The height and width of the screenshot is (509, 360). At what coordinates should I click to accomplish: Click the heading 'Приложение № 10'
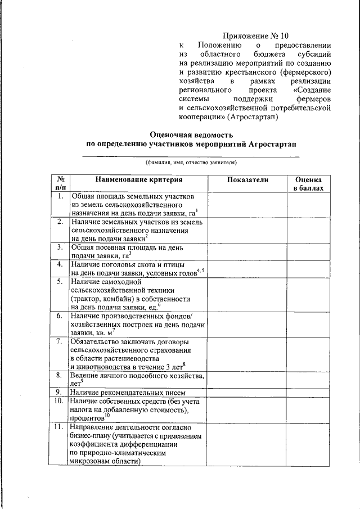[x=255, y=35]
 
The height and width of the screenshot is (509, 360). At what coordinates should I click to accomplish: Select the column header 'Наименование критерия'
[x=139, y=179]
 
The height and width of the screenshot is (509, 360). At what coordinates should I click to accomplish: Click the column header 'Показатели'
[x=248, y=179]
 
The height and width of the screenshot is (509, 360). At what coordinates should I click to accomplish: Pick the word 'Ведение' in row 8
[x=86, y=375]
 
